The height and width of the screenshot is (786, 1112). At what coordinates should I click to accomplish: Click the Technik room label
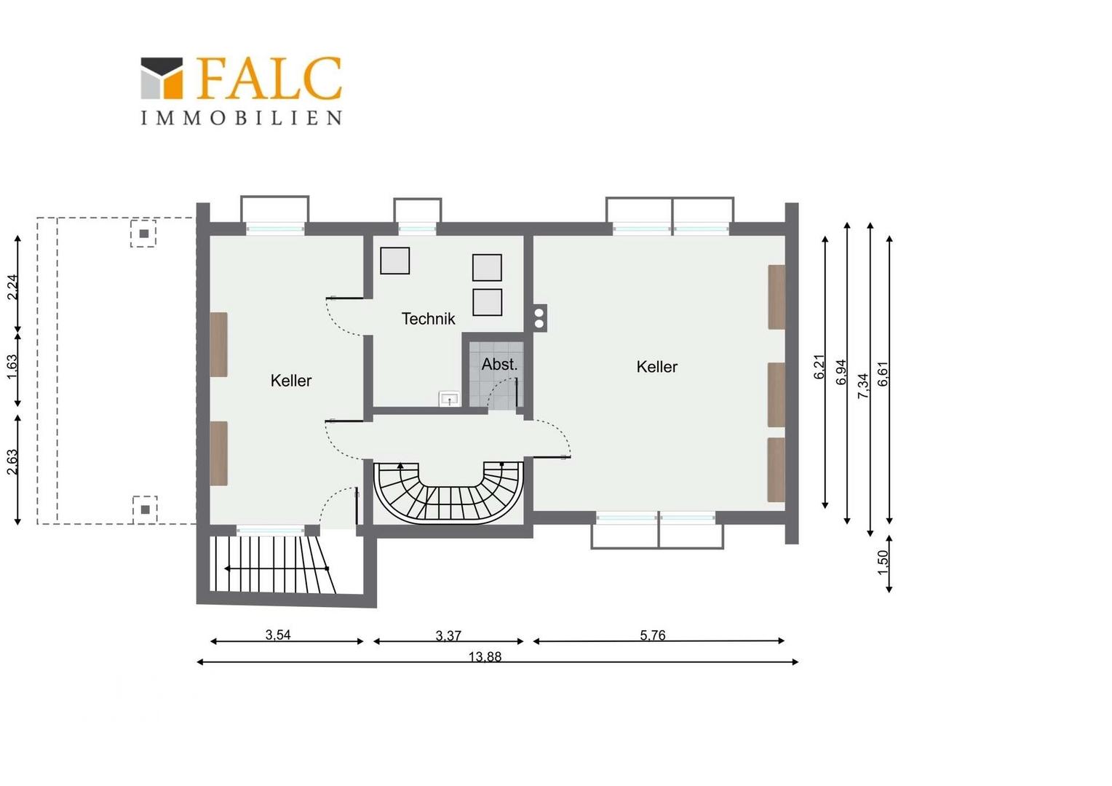click(x=428, y=319)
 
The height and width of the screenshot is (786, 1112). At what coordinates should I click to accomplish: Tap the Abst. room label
click(x=499, y=364)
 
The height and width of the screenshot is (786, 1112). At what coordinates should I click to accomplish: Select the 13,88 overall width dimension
click(x=485, y=657)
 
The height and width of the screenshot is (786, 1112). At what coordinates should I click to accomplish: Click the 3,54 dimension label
click(x=278, y=635)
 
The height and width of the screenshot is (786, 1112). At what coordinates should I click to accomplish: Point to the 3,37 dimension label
click(x=448, y=635)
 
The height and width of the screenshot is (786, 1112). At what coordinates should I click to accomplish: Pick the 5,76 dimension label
click(x=652, y=635)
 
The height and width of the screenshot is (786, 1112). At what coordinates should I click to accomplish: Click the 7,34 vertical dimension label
click(x=863, y=386)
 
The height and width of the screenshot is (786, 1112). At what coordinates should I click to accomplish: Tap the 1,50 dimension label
click(x=883, y=563)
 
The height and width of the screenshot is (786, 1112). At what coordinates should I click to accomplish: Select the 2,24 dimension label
click(x=12, y=287)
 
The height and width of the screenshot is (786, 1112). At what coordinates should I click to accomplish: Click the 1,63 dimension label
click(x=12, y=366)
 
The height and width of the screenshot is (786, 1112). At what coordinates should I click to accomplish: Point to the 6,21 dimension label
click(x=819, y=366)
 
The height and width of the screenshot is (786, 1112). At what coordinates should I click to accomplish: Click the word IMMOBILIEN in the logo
click(x=242, y=118)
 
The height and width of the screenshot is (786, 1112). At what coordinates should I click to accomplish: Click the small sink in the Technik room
click(x=450, y=398)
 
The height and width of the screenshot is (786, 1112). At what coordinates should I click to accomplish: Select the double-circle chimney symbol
click(x=539, y=318)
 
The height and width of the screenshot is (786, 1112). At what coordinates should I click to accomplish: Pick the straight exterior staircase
click(x=272, y=565)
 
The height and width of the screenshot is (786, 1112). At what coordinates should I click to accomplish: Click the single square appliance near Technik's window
click(x=394, y=261)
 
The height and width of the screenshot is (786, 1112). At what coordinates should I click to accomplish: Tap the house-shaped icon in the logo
click(x=162, y=78)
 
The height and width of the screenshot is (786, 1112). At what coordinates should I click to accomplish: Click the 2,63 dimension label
click(x=12, y=461)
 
